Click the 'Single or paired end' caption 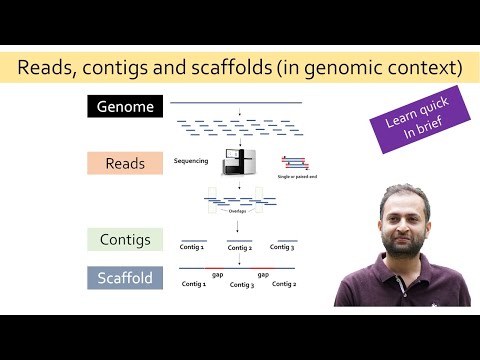click(298, 176)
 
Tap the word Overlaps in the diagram click(237, 211)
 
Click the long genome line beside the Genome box click(236, 102)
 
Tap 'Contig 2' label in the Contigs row click(240, 248)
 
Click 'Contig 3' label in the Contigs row click(283, 246)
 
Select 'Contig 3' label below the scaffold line click(241, 285)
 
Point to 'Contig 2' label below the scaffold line click(284, 284)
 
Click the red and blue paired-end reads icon click(294, 161)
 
